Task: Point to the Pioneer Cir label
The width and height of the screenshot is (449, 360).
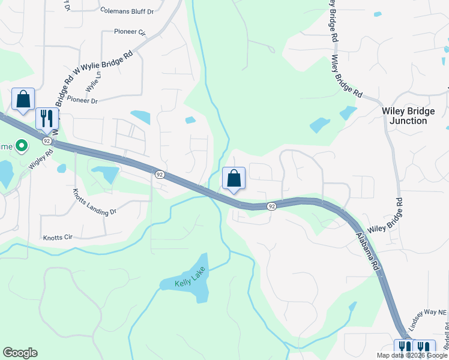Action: click(x=125, y=31)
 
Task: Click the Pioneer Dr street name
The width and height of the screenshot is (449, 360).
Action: click(x=82, y=101)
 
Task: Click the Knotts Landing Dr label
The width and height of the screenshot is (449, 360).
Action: click(x=94, y=203)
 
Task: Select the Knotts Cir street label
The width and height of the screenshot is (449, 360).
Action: click(x=58, y=238)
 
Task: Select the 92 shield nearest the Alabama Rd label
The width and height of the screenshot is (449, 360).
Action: click(x=271, y=206)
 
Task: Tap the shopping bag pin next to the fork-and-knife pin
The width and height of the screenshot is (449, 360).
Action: click(x=23, y=100)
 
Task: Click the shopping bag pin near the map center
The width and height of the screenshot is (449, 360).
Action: click(x=234, y=179)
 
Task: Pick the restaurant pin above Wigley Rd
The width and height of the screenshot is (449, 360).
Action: click(x=46, y=118)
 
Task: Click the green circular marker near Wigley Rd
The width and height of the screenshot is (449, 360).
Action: click(x=22, y=146)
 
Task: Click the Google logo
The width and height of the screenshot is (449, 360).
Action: click(x=20, y=353)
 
